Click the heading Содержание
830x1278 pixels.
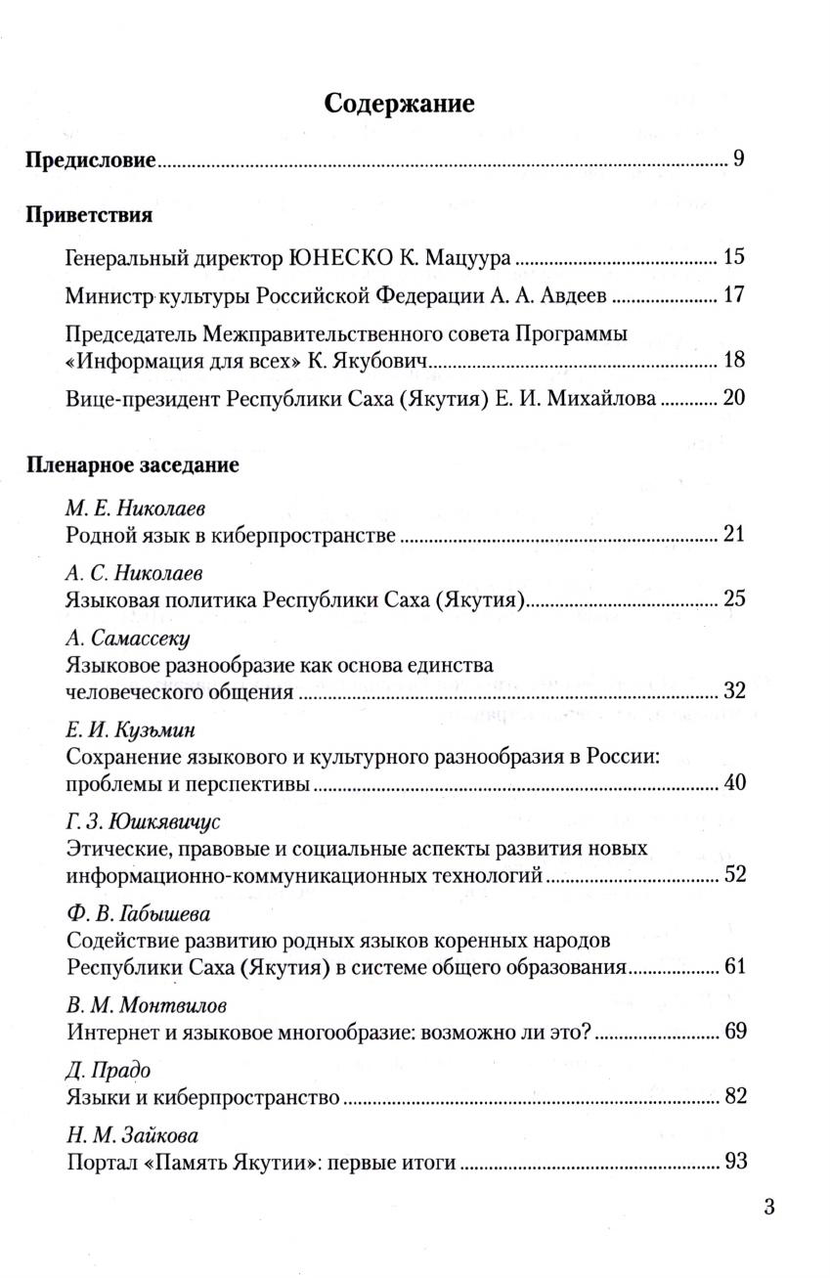(x=399, y=104)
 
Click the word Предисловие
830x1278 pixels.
(x=90, y=159)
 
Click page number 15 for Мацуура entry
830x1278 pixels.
(x=734, y=258)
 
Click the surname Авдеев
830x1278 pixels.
(x=567, y=295)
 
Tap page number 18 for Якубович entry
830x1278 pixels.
(x=734, y=360)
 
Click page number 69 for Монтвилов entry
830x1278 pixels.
(x=734, y=1032)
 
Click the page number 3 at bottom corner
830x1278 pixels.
(x=768, y=1207)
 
